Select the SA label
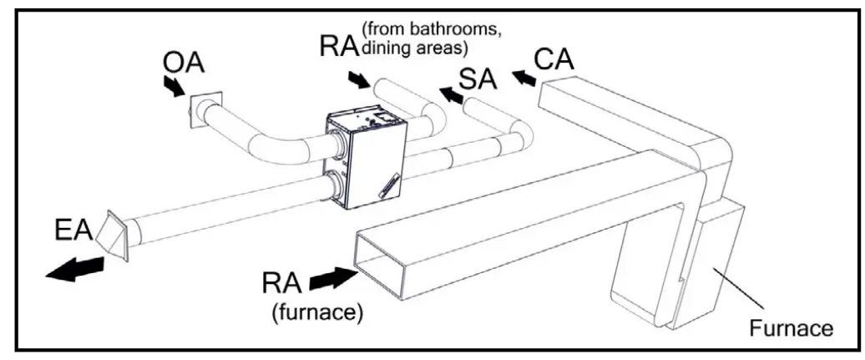[x=477, y=79]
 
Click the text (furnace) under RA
[x=314, y=314]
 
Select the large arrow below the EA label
[x=75, y=269]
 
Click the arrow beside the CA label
[x=524, y=78]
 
